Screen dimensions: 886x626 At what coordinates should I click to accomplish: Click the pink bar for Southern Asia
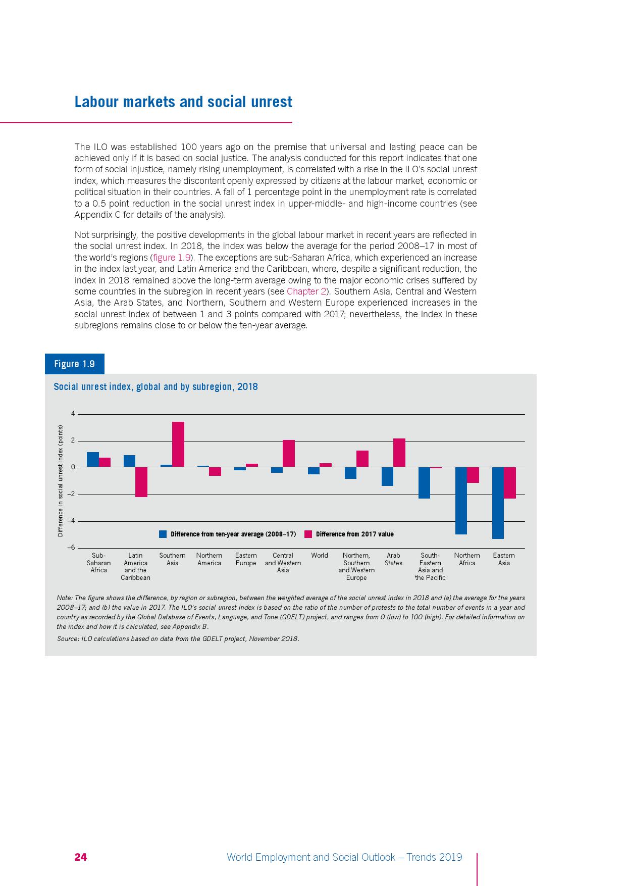178,444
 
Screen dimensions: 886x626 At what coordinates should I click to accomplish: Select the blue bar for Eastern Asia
498,503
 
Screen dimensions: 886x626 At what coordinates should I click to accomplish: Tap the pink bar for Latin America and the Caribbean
141,482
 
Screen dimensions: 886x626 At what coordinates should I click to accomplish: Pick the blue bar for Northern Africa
461,500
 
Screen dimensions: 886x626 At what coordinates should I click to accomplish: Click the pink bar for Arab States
399,453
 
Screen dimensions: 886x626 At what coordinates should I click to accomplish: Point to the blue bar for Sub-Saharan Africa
92,459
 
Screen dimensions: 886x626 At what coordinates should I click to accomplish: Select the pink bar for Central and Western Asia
289,453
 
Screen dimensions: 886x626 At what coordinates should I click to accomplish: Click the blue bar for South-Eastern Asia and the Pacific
424,482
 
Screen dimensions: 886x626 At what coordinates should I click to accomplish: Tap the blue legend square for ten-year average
163,534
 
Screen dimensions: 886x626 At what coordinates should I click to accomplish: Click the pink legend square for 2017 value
308,534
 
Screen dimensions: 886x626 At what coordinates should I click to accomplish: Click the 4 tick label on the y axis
73,414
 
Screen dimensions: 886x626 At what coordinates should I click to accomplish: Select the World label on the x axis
320,555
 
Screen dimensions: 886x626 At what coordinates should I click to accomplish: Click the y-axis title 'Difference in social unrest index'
60,480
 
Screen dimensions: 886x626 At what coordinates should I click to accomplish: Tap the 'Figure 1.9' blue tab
75,364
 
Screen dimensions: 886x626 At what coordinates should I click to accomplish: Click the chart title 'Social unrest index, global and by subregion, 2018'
155,387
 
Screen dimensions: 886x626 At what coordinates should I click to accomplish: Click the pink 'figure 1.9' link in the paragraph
172,258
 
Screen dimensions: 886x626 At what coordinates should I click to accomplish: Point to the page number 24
81,857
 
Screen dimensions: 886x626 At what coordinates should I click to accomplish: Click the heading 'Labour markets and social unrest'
183,102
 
